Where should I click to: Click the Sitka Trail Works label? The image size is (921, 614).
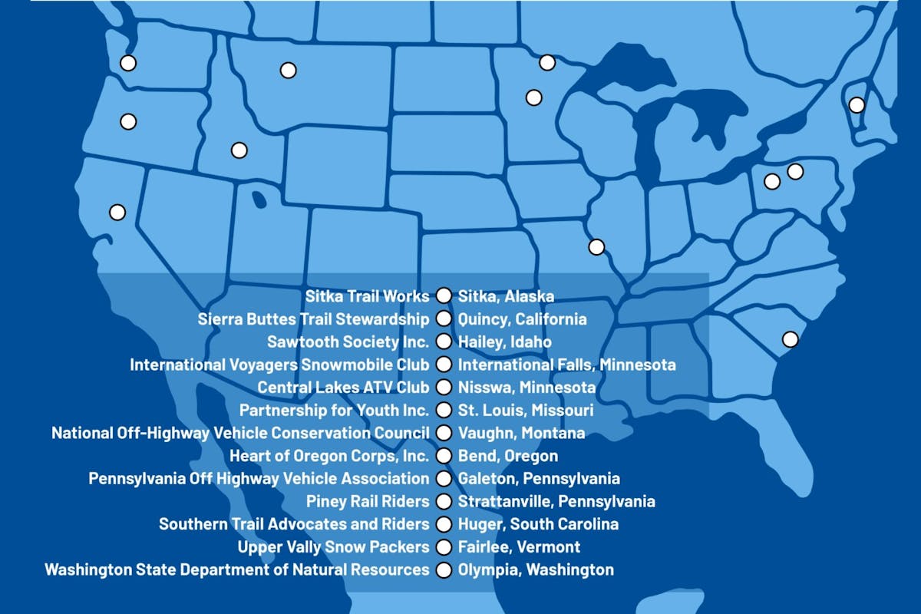[368, 295]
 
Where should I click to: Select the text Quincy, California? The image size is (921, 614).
[522, 319]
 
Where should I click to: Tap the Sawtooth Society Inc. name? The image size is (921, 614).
[348, 342]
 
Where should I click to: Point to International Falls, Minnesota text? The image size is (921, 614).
[566, 365]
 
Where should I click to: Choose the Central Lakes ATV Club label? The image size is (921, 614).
[343, 388]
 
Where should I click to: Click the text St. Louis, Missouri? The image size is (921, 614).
[525, 411]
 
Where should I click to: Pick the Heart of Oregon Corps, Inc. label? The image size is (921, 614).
[329, 456]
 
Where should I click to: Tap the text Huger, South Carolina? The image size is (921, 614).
[538, 525]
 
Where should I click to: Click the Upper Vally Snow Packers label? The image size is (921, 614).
[333, 547]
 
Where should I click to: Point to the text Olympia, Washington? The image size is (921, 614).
[536, 570]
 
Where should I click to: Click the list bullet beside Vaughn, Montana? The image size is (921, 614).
[443, 434]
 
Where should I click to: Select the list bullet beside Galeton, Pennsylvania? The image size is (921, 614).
[443, 479]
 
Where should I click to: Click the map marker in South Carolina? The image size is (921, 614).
[789, 338]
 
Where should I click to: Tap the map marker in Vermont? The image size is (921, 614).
[857, 104]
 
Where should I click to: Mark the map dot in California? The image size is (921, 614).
[117, 211]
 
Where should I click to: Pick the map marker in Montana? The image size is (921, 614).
[288, 70]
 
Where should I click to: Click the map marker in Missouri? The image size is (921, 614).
[596, 246]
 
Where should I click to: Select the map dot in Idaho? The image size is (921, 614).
[239, 150]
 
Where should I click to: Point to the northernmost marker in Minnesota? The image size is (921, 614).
[547, 62]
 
